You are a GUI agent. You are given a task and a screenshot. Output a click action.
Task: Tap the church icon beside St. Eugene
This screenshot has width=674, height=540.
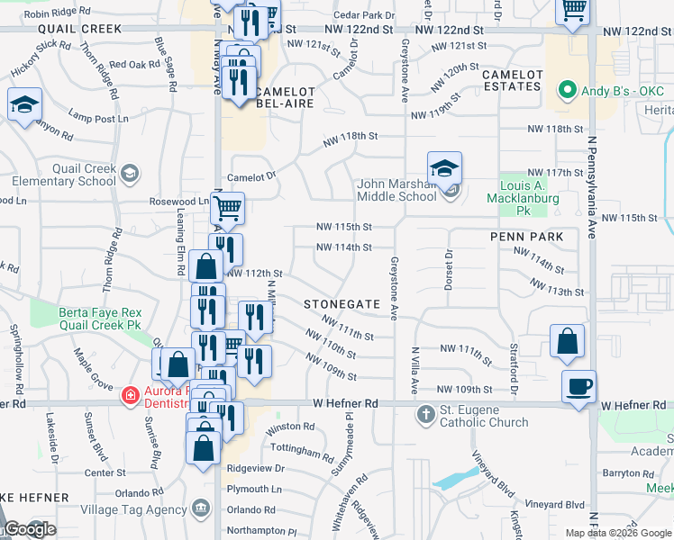[x=426, y=416]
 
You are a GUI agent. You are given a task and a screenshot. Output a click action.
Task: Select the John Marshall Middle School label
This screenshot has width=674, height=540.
[x=396, y=190]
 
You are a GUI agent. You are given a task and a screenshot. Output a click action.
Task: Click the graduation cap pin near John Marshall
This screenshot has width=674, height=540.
[x=444, y=169]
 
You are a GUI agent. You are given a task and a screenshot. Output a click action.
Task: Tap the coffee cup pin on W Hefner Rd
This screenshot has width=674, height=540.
[x=578, y=387]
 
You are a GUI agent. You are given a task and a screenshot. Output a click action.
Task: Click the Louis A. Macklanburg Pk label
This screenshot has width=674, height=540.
[x=530, y=192]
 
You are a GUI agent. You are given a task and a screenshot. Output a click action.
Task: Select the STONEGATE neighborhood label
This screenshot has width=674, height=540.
[x=342, y=304]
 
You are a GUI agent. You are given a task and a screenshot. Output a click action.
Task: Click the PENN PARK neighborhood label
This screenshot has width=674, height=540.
[x=526, y=237]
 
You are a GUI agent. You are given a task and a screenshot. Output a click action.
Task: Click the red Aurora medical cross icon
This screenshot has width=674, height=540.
[x=131, y=393]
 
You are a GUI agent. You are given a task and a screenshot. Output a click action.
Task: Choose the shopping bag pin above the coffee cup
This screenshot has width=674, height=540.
[x=567, y=342]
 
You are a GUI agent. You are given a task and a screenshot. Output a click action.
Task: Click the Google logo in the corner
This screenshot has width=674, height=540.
[x=30, y=530]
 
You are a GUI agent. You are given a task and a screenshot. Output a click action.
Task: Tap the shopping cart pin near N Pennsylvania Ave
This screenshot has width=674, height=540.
[x=572, y=11]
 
